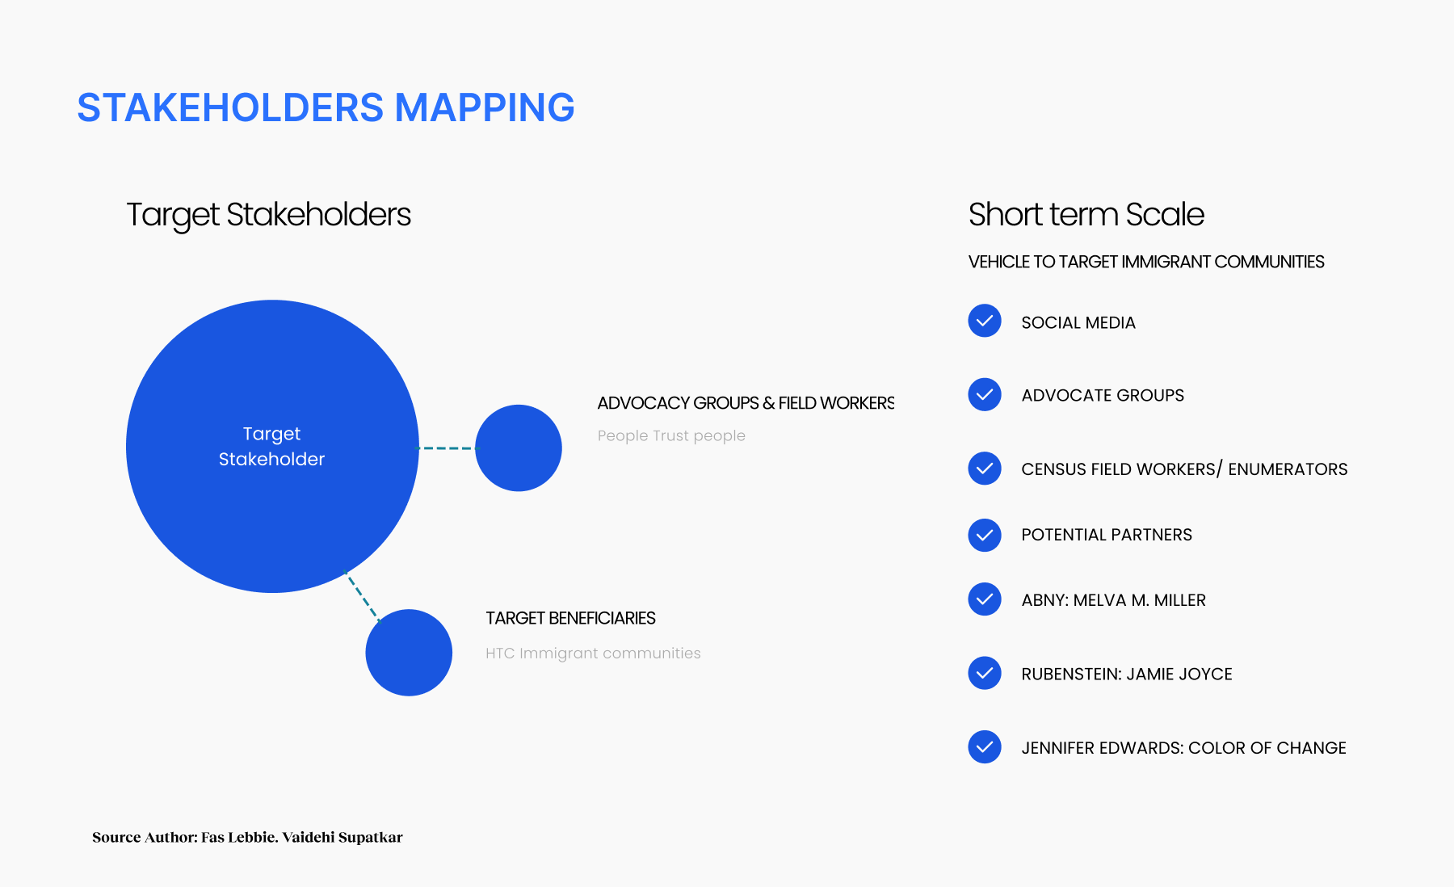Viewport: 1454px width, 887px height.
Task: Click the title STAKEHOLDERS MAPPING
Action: [326, 107]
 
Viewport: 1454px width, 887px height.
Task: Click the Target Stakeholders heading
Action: [268, 215]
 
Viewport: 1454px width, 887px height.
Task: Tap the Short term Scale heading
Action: [1086, 215]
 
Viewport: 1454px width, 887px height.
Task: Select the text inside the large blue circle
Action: [271, 446]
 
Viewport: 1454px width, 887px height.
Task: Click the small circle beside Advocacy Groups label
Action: [519, 448]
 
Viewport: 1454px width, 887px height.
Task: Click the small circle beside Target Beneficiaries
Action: [409, 653]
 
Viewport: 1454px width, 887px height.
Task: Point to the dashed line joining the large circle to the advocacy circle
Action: [448, 448]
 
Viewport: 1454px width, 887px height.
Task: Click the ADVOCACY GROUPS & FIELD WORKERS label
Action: [746, 403]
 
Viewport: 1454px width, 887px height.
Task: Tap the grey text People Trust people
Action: [671, 435]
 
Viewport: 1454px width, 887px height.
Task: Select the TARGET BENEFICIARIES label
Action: [570, 618]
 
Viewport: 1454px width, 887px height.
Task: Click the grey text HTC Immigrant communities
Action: [593, 653]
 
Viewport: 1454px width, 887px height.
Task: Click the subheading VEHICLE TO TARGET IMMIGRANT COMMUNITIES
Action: [1146, 262]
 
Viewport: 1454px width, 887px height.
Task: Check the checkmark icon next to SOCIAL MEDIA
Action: [985, 321]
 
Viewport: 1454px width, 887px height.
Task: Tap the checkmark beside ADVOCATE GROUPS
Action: [985, 394]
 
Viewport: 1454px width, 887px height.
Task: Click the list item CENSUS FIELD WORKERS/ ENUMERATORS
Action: [1184, 469]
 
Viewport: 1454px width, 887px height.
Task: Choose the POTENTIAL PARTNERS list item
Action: [1107, 535]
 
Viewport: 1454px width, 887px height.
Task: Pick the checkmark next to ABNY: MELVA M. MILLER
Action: [985, 599]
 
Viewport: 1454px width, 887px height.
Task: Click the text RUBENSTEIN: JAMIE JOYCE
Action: [1127, 674]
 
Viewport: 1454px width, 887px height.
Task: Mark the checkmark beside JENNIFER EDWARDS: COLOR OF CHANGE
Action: [985, 747]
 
